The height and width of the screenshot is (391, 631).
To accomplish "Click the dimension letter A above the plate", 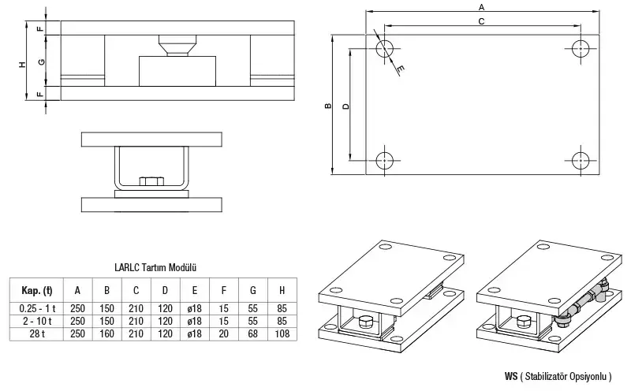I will point(481,6).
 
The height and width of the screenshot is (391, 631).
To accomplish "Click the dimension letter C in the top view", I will point(481,22).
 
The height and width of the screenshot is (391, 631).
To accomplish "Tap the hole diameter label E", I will point(401,70).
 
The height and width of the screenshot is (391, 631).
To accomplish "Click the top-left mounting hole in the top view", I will point(384,48).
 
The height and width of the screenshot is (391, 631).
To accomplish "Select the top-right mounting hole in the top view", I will point(581,48).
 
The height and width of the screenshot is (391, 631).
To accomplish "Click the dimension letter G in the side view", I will point(41,61).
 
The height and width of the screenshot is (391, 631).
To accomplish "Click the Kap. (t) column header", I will point(37,288).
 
